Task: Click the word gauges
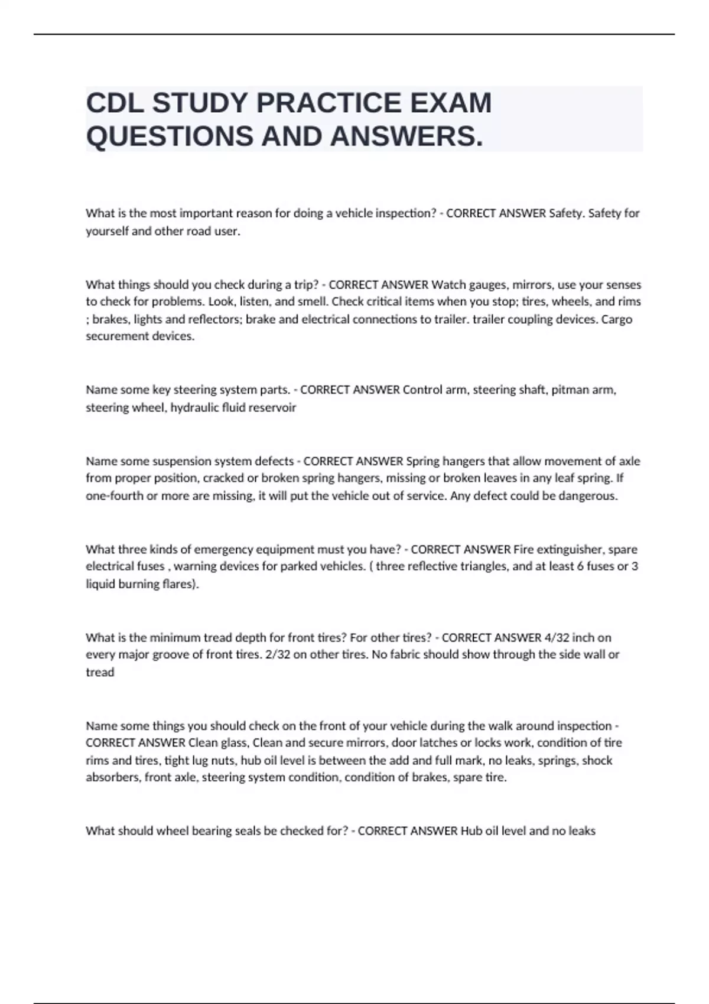[x=488, y=285]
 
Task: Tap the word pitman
[x=569, y=390]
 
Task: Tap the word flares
[x=180, y=585]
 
